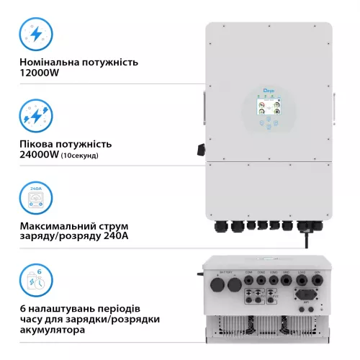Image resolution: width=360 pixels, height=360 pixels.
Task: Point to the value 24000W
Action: pyautogui.click(x=41, y=155)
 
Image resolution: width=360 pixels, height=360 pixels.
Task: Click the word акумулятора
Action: pyautogui.click(x=53, y=330)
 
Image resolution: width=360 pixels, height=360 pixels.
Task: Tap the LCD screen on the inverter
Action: pyautogui.click(x=268, y=107)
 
